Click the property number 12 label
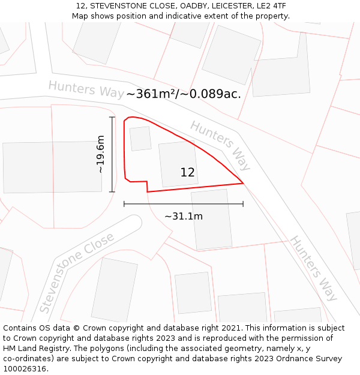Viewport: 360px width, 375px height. tap(187, 173)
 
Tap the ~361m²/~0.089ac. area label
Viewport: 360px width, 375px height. tap(184, 94)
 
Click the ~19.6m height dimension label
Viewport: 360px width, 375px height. tap(100, 154)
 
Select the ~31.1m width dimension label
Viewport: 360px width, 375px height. tap(184, 216)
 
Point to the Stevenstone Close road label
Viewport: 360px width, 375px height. tap(76, 273)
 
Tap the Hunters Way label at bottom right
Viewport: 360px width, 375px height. tap(314, 268)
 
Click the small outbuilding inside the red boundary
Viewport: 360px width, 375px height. tap(140, 138)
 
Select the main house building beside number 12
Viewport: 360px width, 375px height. tap(178, 163)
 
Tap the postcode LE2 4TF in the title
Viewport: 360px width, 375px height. tap(271, 6)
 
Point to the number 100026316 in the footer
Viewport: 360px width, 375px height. tap(25, 369)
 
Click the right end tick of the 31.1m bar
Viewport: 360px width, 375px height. tap(243, 204)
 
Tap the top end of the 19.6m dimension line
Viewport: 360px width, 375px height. tap(112, 117)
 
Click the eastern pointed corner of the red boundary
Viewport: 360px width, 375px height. tap(243, 183)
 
